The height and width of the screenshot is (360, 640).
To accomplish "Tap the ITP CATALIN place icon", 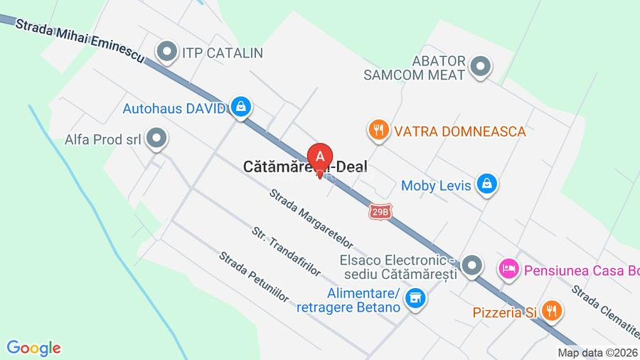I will [167, 52].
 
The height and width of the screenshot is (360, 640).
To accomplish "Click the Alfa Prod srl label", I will [103, 139].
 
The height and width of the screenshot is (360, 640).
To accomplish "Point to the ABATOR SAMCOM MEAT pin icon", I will [481, 67].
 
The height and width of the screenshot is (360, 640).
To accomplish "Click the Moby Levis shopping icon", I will [487, 184].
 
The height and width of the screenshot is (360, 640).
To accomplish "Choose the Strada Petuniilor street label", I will [253, 277].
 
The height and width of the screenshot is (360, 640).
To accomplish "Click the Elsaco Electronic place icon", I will [471, 267].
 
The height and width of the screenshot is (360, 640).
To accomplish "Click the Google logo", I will [33, 348].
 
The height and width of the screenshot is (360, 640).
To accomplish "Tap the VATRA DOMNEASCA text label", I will [460, 132].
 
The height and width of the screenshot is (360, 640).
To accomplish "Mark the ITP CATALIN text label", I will [223, 53].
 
